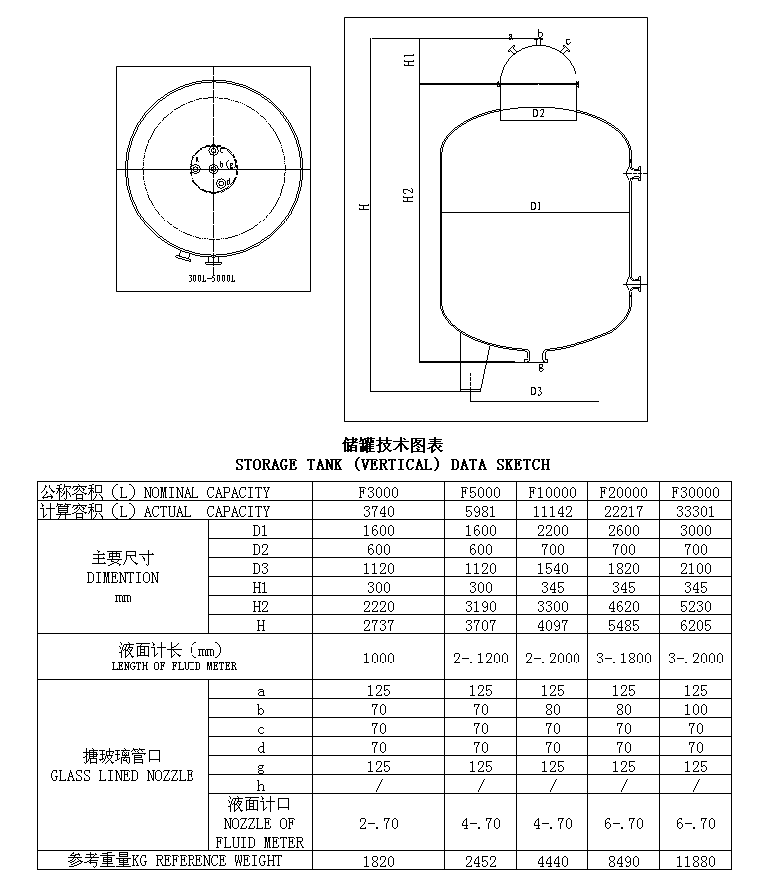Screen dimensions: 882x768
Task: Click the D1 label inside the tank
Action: tap(536, 207)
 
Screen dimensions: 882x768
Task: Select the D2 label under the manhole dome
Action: tap(538, 114)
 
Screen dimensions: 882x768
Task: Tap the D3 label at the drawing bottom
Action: tap(536, 392)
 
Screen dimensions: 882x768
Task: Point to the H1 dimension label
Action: tap(409, 60)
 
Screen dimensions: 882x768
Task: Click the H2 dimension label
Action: tap(409, 194)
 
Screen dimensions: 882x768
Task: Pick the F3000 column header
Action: tap(379, 492)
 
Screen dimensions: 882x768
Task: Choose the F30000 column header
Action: tap(695, 492)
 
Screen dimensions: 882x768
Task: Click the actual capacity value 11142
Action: tap(552, 511)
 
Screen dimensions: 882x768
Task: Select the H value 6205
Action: tap(695, 625)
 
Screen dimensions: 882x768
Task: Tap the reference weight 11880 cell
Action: tap(695, 861)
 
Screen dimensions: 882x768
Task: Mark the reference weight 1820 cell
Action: tap(379, 861)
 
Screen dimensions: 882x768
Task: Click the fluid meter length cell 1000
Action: tap(379, 659)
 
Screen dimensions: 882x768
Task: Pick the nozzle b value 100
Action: tap(695, 709)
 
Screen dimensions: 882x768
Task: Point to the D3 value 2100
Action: tap(695, 568)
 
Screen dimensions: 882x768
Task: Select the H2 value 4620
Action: tap(623, 606)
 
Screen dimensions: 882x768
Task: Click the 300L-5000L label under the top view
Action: tap(211, 279)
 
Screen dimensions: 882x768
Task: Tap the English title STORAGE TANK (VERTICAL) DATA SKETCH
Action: tap(392, 465)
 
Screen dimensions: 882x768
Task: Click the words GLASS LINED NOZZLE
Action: tap(122, 775)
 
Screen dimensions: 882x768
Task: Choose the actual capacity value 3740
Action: tap(379, 511)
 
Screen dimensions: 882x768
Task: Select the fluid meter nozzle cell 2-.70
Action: tap(379, 823)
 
